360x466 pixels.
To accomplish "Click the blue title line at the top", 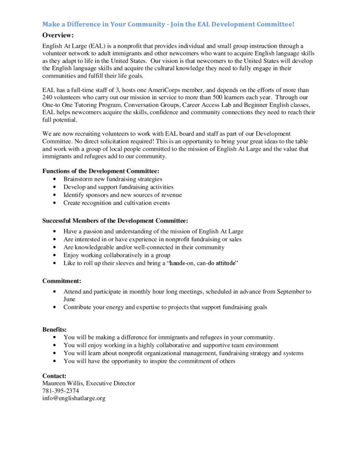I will [x=168, y=24].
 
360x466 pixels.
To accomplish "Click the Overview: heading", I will [x=58, y=35].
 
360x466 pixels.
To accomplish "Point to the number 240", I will [x=48, y=97].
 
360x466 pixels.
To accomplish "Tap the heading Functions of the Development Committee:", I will [x=101, y=171].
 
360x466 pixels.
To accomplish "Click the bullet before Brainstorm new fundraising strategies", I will [x=55, y=179].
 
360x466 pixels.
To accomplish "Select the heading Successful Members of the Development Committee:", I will [x=115, y=221].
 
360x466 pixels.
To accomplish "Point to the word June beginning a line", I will [x=70, y=299].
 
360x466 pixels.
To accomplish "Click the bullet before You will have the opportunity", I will [x=55, y=361].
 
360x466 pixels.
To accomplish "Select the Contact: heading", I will [x=55, y=376].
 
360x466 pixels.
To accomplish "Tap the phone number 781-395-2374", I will [x=61, y=391].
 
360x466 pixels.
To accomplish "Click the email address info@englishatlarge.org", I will [x=74, y=398].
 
